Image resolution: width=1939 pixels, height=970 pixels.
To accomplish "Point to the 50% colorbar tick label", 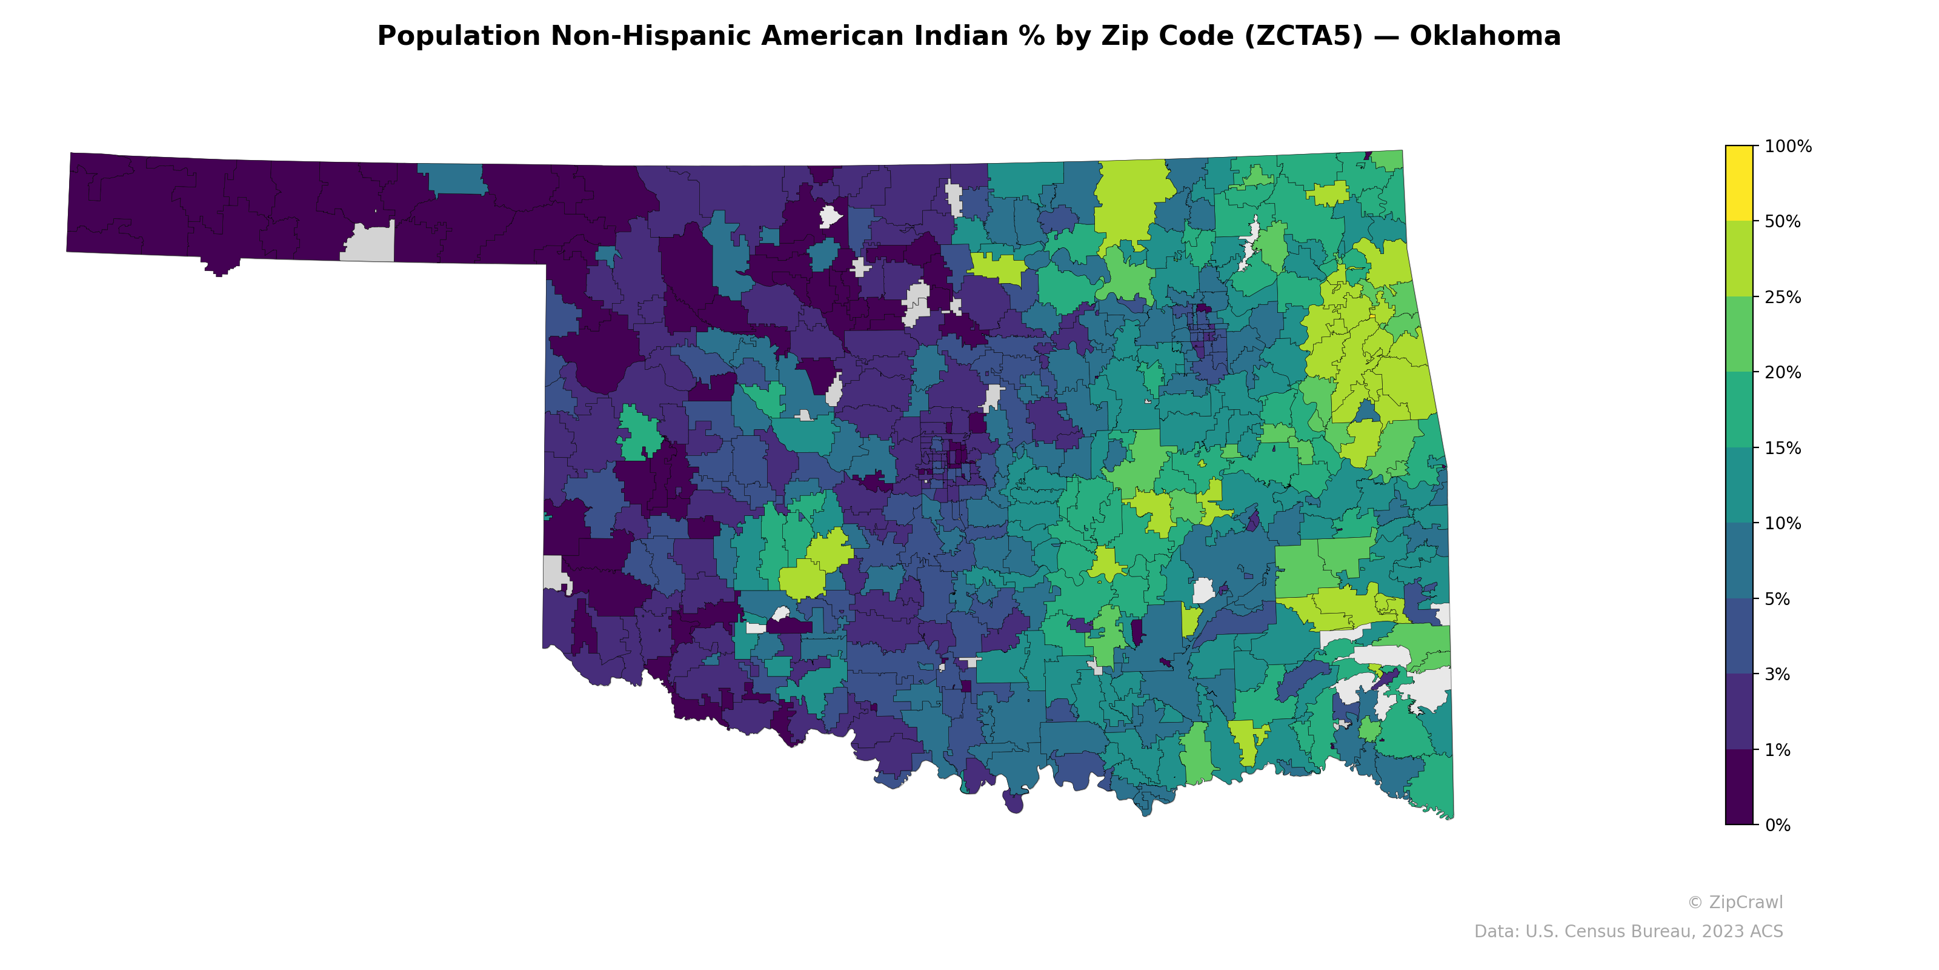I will click(1783, 222).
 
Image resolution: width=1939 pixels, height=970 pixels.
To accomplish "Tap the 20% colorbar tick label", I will click(1783, 373).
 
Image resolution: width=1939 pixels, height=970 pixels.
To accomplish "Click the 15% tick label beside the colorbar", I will click(1783, 448).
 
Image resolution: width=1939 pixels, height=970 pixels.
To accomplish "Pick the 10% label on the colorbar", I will click(1783, 523).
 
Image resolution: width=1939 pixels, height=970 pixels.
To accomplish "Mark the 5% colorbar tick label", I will click(1778, 600).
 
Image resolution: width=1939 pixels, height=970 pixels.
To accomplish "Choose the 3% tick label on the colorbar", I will click(1778, 675).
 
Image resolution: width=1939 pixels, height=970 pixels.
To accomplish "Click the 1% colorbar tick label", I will click(1778, 750).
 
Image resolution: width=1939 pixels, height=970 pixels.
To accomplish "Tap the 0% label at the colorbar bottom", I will click(1778, 825).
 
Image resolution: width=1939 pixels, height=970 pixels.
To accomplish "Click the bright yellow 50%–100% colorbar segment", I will click(1739, 183).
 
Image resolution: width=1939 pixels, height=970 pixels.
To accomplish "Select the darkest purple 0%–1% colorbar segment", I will click(1739, 787).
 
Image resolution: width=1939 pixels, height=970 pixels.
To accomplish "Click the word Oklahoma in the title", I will click(1485, 36).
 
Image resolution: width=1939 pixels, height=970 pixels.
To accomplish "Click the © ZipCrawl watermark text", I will click(1735, 902).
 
